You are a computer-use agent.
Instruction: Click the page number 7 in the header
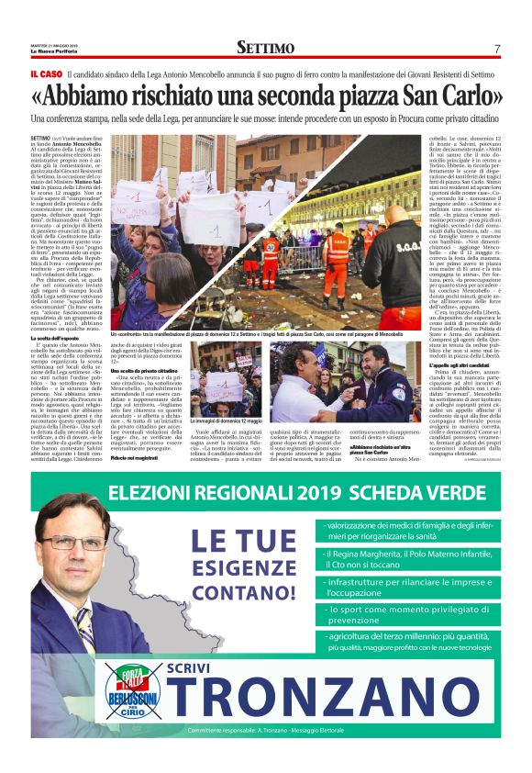point(496,49)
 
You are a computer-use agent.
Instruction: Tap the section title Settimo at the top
point(265,48)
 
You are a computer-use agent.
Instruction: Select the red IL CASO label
point(47,73)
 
